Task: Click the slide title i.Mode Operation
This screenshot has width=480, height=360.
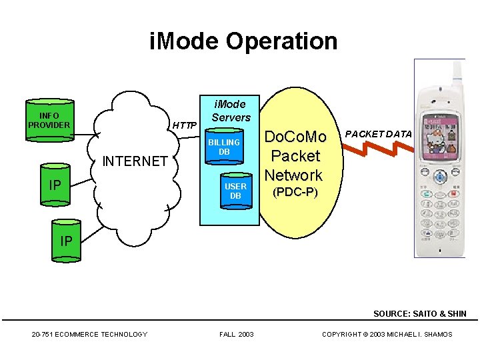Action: point(243,41)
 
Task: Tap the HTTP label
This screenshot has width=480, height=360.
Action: point(185,125)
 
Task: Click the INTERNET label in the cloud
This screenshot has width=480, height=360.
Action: point(134,161)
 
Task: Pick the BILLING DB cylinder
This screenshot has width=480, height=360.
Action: point(223,147)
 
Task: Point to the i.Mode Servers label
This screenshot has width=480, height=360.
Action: point(231,111)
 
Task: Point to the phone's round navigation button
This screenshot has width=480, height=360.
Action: point(440,178)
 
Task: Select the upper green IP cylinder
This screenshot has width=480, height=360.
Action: point(55,183)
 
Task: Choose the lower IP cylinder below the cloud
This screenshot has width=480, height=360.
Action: point(65,241)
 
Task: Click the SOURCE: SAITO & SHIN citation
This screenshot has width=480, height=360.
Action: point(419,313)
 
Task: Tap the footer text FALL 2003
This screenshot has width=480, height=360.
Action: point(236,334)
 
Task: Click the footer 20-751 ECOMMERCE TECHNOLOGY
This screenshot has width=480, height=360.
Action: point(89,334)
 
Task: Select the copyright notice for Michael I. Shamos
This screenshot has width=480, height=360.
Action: point(387,334)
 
